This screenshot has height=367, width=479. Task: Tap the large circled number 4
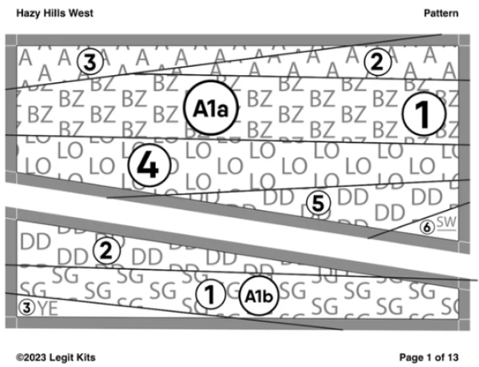click(148, 166)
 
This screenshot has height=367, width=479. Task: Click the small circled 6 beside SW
click(428, 227)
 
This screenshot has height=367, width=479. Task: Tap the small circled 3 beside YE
click(27, 307)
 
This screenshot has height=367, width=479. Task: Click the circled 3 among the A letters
click(89, 61)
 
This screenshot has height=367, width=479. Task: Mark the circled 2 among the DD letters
click(105, 251)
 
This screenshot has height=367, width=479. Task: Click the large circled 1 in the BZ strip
click(422, 116)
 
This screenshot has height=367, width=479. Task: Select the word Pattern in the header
click(441, 14)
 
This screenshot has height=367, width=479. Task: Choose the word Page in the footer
click(413, 355)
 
